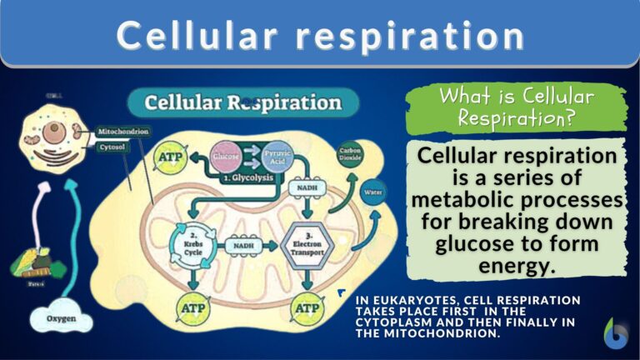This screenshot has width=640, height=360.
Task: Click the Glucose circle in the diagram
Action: [x=226, y=157]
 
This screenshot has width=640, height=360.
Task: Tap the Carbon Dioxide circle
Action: [x=349, y=157]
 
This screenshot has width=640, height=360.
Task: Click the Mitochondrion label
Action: [x=123, y=132]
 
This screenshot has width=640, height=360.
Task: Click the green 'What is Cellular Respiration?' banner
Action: [x=517, y=108]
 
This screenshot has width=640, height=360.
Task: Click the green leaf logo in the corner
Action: [x=617, y=334]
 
